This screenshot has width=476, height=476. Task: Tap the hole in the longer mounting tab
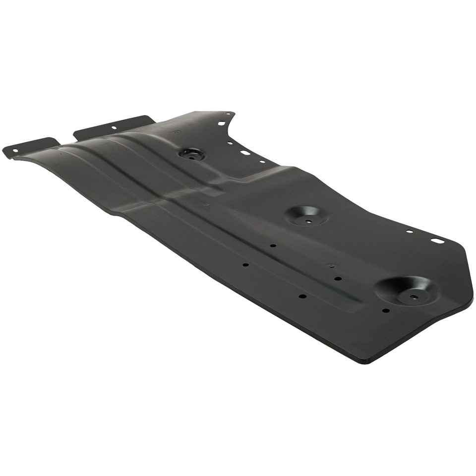[x=114, y=127]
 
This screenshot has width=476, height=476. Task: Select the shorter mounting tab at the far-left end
[x=30, y=146]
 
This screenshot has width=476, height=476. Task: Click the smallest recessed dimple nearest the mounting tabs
[x=191, y=154]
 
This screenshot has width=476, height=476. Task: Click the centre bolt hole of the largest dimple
[x=414, y=297]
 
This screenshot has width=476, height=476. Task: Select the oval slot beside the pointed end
[x=436, y=240]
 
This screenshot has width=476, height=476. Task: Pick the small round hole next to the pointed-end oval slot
[x=410, y=232]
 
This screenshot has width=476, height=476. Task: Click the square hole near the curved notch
[x=221, y=123]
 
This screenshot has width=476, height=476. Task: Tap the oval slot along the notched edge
[x=245, y=152]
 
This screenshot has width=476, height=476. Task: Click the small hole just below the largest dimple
[x=386, y=311]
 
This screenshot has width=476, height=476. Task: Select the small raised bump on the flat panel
[x=331, y=266]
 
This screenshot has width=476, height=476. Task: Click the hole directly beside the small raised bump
[x=338, y=278]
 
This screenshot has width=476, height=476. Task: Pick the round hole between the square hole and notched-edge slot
[x=230, y=143]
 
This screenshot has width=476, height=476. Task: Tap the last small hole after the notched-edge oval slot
[x=262, y=161]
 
